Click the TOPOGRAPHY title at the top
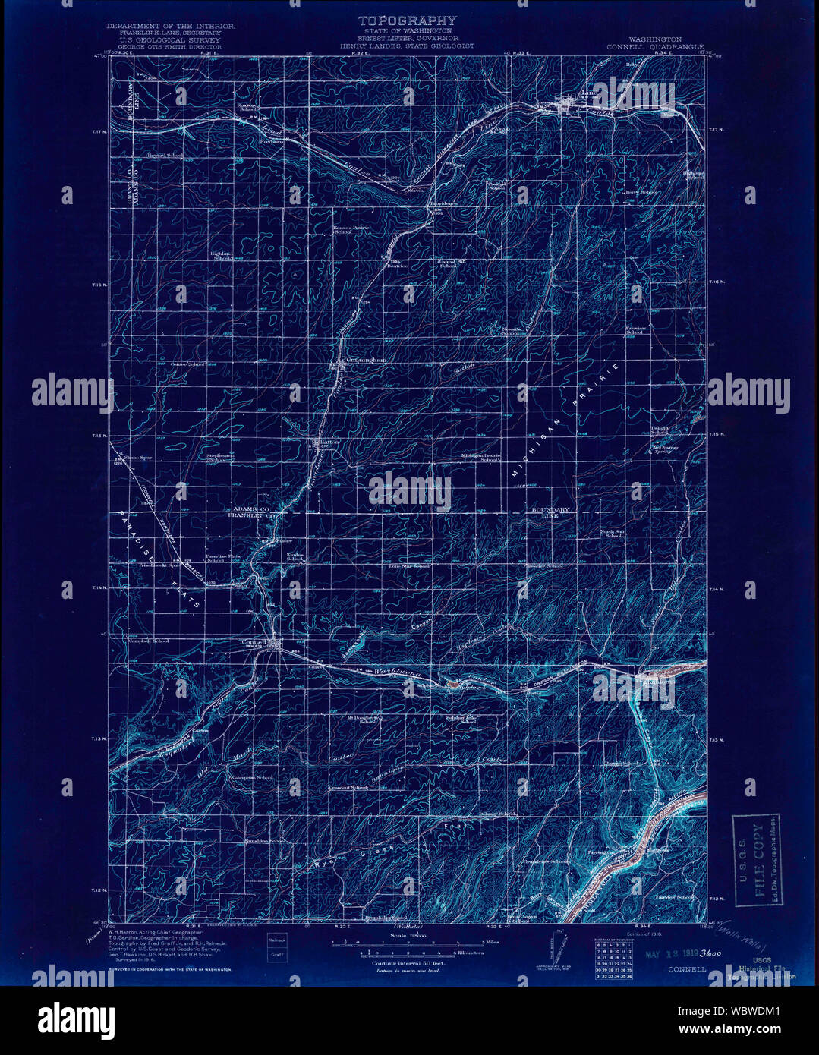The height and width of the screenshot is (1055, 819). [x=408, y=20]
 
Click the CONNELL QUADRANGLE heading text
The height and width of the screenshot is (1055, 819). [x=655, y=46]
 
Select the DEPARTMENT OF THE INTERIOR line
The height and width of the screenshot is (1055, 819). [x=170, y=27]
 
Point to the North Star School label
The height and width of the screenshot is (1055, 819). [x=613, y=532]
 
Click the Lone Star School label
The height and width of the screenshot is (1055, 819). [x=410, y=566]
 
